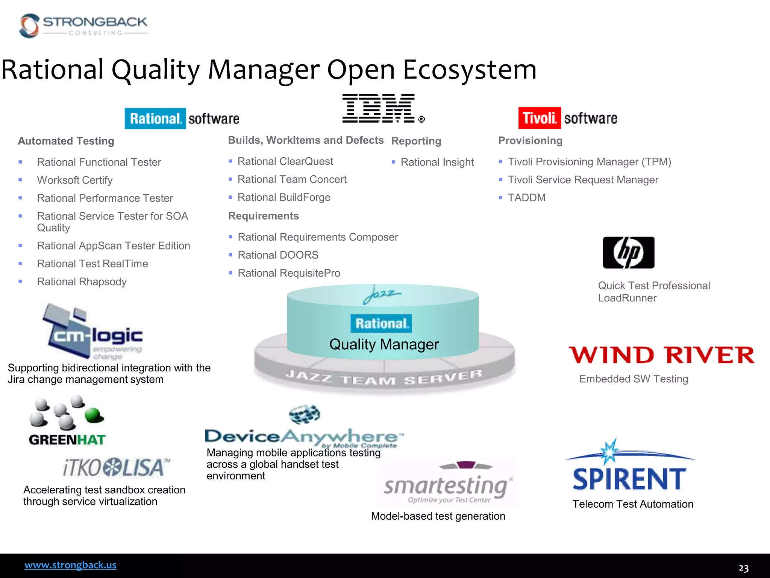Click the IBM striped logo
(x=379, y=108)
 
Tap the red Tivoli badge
(x=539, y=118)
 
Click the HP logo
(x=628, y=252)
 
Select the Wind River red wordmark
(x=661, y=355)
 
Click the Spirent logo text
(x=629, y=479)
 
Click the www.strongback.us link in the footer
(x=70, y=565)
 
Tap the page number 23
(x=743, y=568)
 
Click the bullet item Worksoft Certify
(x=75, y=180)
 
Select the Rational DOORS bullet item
(x=278, y=255)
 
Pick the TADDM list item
(x=526, y=198)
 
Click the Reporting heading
(x=416, y=141)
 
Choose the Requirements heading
(x=263, y=216)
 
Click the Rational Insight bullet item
(x=437, y=162)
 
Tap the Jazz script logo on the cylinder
(x=381, y=295)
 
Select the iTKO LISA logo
(x=116, y=468)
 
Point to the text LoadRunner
(x=627, y=298)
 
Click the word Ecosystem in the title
(x=469, y=70)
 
